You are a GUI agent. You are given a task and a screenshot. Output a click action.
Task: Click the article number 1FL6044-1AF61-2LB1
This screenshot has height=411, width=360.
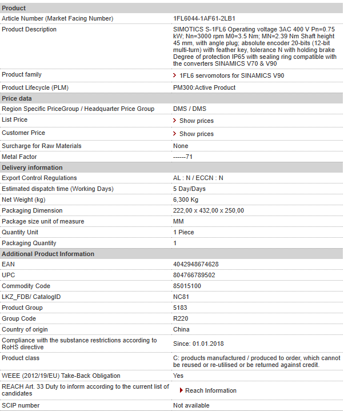(x=204, y=18)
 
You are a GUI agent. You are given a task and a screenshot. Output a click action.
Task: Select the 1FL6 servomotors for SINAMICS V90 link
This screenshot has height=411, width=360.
(x=231, y=75)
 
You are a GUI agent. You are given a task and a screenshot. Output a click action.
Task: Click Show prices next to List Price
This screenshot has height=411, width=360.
(x=196, y=121)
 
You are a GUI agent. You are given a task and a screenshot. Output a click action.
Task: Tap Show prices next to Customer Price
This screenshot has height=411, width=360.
(x=196, y=134)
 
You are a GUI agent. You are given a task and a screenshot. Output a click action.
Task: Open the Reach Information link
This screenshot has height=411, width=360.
(x=210, y=390)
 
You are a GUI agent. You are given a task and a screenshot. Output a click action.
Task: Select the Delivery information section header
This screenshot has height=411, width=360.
(x=32, y=167)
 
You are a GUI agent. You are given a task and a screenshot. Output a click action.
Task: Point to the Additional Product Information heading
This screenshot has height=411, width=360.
(x=48, y=254)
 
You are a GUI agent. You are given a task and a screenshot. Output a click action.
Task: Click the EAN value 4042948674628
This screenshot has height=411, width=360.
(x=195, y=264)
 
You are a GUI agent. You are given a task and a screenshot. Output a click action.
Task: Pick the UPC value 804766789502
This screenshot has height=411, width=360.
(x=194, y=275)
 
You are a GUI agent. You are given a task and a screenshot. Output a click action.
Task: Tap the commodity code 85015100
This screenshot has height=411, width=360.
(x=187, y=286)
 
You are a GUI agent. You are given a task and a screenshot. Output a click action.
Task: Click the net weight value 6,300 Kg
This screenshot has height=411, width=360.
(x=186, y=199)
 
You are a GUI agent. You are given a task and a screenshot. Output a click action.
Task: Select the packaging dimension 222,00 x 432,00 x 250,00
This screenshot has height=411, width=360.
(x=208, y=210)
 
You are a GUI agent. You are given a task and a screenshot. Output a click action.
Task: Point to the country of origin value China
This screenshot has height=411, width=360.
(x=181, y=329)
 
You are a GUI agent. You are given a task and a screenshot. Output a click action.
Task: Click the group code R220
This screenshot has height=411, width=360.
(x=181, y=318)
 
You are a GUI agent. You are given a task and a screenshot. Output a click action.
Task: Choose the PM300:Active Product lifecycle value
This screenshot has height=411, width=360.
(x=204, y=87)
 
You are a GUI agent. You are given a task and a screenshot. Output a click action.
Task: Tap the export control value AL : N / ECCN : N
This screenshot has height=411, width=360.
(x=198, y=178)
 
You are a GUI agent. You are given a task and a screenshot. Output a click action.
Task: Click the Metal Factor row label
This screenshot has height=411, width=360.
(x=19, y=157)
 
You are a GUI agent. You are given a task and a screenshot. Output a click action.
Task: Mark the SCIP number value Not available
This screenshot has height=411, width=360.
(x=191, y=405)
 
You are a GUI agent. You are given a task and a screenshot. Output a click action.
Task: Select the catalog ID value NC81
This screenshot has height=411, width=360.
(x=181, y=297)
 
